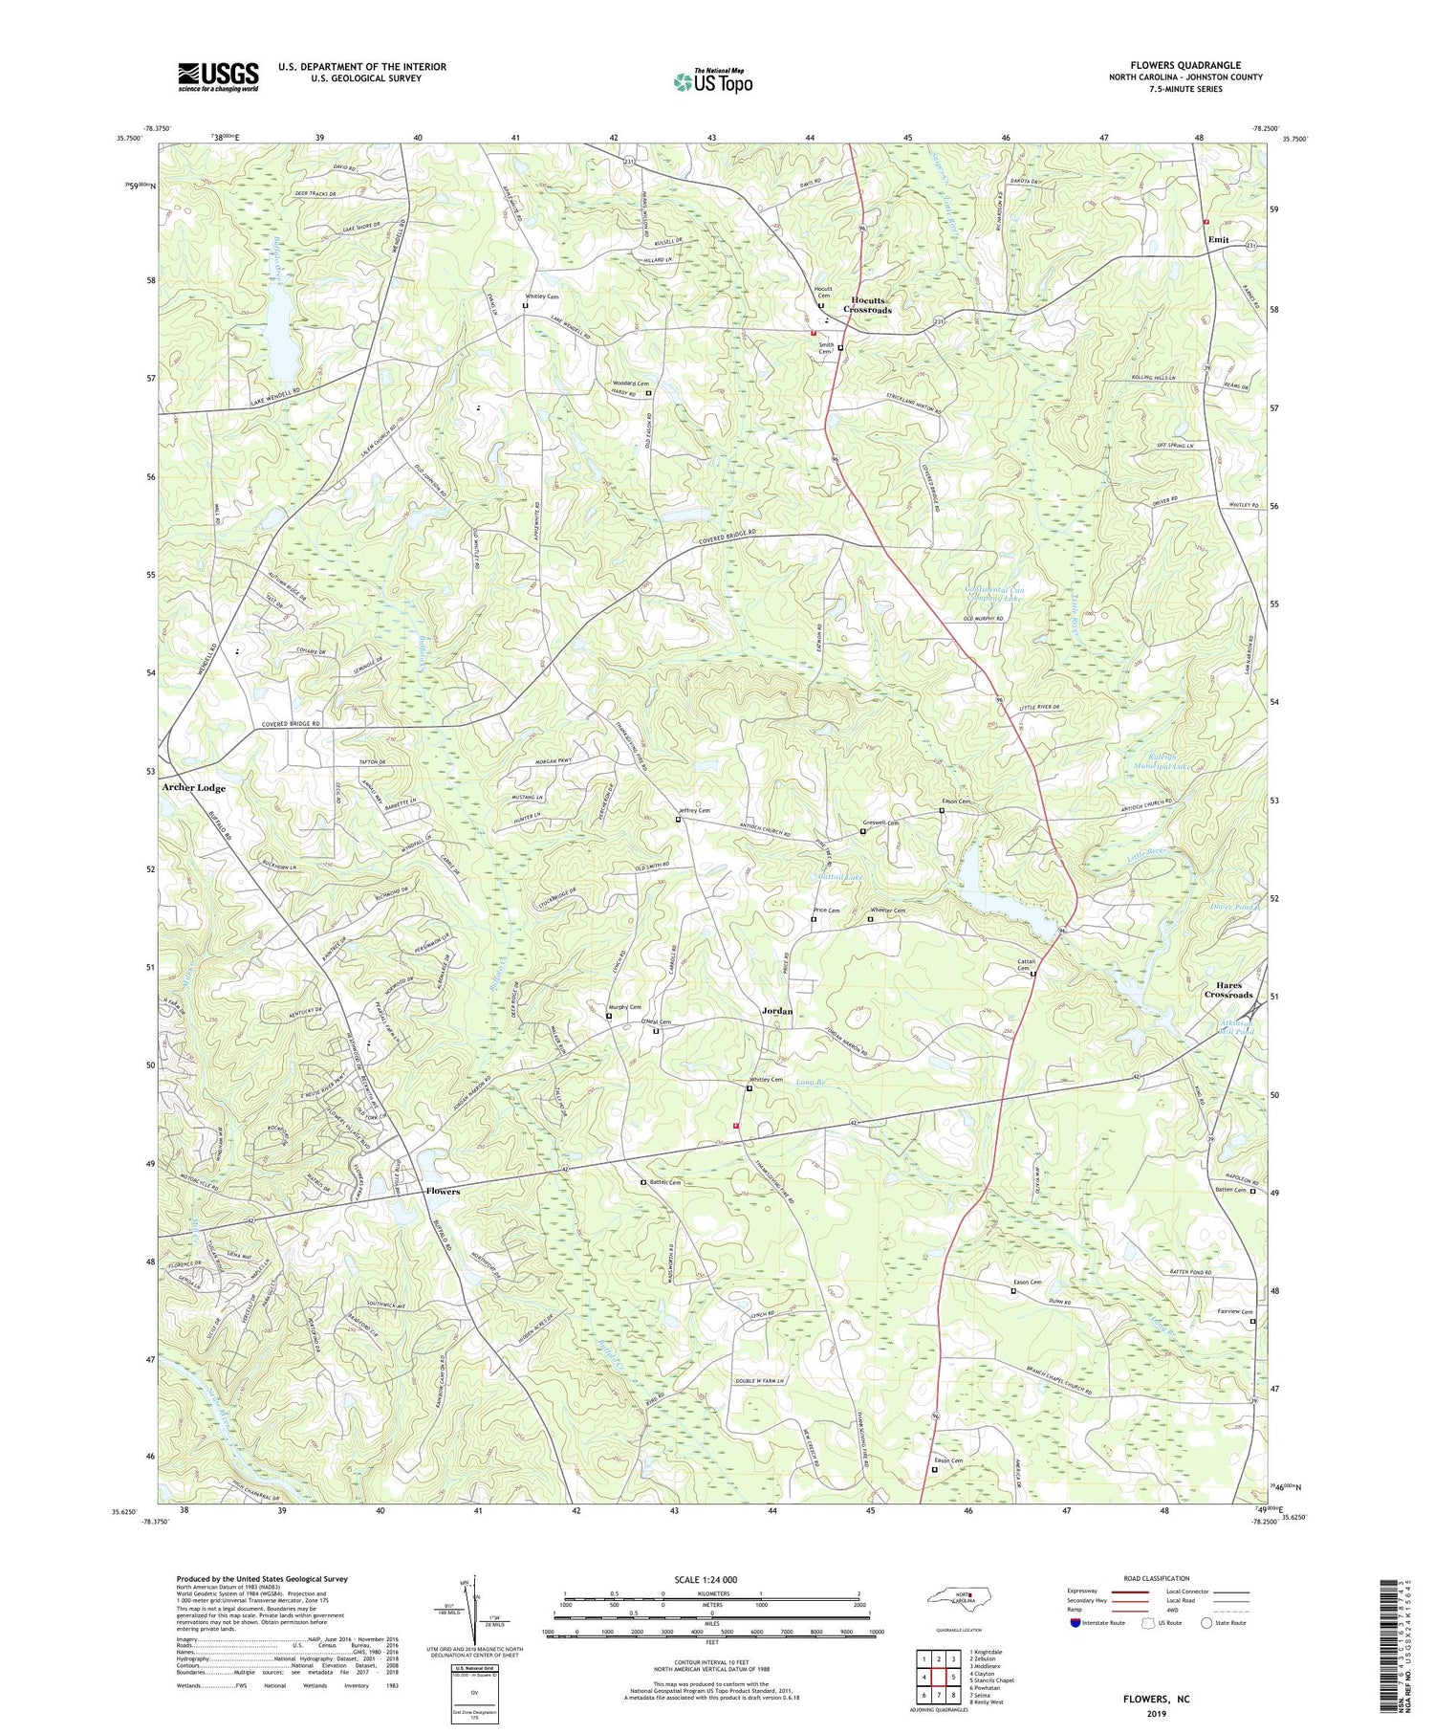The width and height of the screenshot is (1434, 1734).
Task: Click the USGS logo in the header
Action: point(218,77)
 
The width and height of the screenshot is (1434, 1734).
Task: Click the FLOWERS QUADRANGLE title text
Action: point(1184,65)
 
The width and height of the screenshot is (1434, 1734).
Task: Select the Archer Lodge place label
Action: point(194,788)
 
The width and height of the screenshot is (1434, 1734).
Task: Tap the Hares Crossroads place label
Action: point(1228,990)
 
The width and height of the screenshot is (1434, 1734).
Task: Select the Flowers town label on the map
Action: point(443,1192)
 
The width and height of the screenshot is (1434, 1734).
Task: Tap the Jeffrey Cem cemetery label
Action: point(694,810)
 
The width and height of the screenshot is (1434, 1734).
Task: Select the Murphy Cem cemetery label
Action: point(624,1007)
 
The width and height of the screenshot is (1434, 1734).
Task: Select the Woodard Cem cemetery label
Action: point(630,384)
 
